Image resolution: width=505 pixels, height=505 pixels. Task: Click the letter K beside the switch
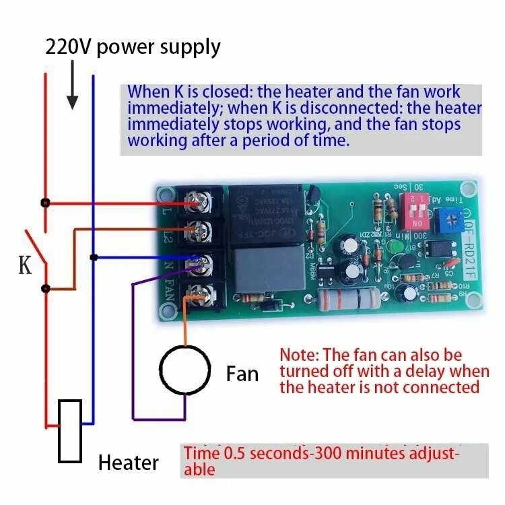[25, 265]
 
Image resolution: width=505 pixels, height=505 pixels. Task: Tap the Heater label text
[128, 463]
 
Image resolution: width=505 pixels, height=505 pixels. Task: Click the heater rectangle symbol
[70, 431]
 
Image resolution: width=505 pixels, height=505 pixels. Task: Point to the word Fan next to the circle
[242, 373]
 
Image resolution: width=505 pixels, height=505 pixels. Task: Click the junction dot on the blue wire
[94, 257]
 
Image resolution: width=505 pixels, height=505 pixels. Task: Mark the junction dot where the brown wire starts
[45, 289]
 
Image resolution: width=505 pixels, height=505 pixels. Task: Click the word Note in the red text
[298, 355]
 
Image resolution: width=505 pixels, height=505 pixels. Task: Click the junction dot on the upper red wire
[45, 202]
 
